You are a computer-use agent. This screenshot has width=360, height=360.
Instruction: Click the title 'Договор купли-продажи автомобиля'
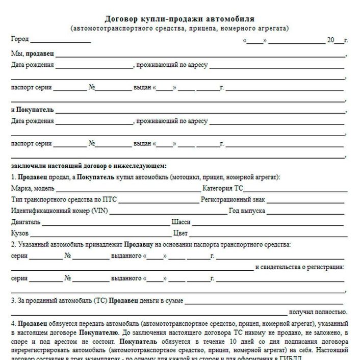(x=179, y=19)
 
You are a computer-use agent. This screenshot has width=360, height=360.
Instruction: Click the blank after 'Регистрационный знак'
(x=306, y=200)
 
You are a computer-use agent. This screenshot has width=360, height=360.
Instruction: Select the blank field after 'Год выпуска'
(x=306, y=211)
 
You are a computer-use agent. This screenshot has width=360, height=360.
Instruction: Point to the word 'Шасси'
(x=182, y=222)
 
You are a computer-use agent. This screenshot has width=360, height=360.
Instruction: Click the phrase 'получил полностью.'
(x=318, y=312)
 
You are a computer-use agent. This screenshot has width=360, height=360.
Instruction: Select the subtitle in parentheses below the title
(x=179, y=28)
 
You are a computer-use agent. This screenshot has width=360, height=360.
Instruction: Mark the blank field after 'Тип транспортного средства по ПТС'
(x=158, y=200)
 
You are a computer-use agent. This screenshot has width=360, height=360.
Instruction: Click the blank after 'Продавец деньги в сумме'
(x=265, y=301)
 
